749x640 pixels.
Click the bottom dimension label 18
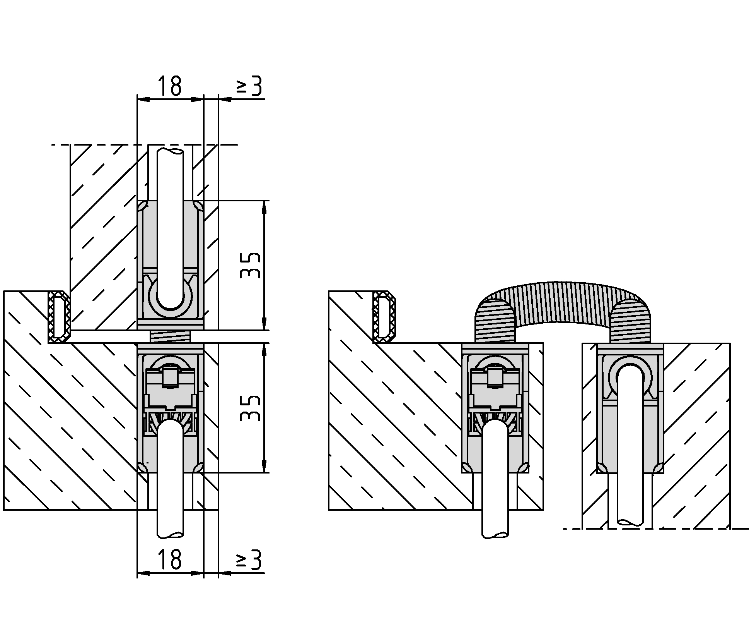point(170,559)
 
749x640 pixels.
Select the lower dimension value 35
point(250,408)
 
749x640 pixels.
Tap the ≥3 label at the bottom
point(249,559)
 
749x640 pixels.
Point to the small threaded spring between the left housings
point(171,336)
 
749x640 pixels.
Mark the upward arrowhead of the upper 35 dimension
point(264,207)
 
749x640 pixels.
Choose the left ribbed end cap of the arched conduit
point(496,321)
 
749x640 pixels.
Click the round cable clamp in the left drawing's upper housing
point(170,296)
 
